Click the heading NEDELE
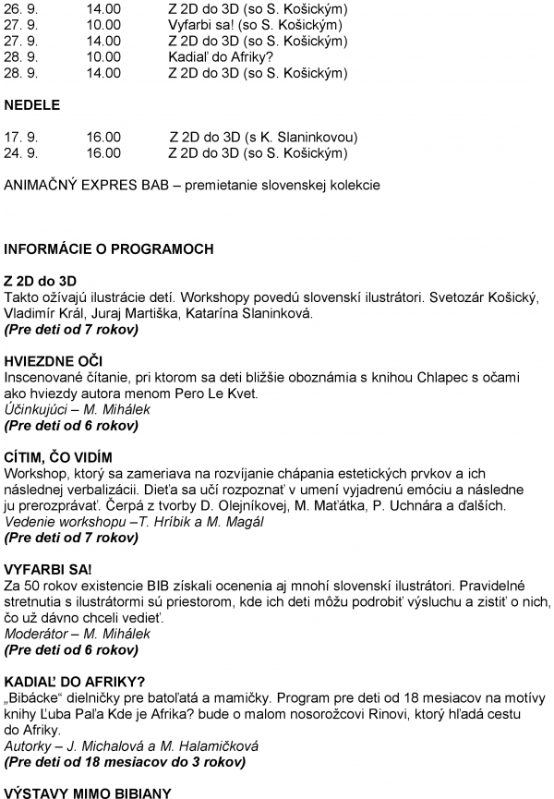click(x=31, y=105)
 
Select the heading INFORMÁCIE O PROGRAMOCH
click(x=109, y=248)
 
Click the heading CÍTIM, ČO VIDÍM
click(x=58, y=457)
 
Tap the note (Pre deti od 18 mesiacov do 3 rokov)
click(x=125, y=762)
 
